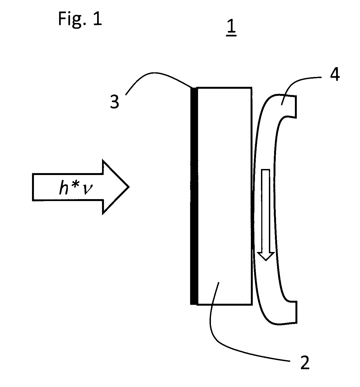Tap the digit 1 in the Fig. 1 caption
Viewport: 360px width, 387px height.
click(x=97, y=19)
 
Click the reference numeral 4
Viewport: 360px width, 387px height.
click(x=335, y=74)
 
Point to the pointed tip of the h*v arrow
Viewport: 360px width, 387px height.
click(x=129, y=187)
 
